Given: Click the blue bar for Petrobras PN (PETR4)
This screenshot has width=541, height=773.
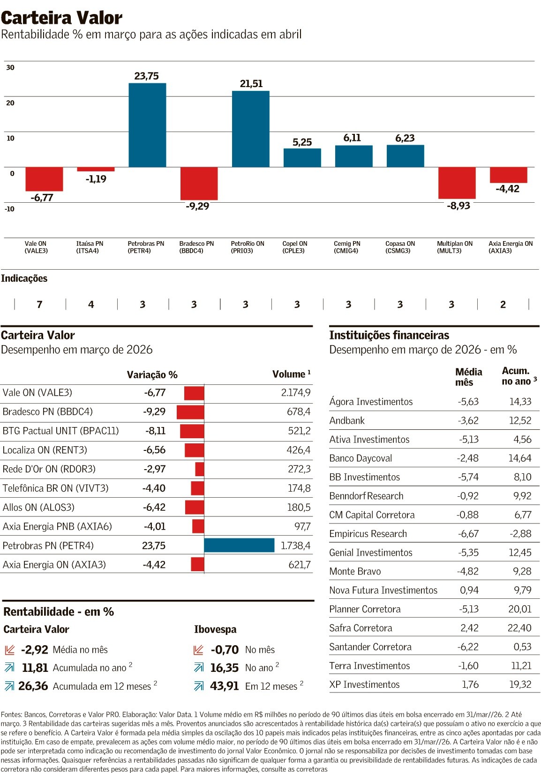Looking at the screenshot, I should [147, 125].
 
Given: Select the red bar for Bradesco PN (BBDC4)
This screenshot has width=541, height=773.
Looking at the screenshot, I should [199, 183].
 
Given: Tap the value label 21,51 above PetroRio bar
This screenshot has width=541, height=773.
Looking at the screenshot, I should [251, 84].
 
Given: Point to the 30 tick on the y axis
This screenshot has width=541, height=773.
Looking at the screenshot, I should [10, 67].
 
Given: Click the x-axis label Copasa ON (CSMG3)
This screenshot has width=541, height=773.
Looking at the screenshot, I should [400, 247].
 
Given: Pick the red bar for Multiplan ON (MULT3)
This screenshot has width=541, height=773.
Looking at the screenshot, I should [457, 183].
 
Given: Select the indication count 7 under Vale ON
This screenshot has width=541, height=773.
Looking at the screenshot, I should [39, 304].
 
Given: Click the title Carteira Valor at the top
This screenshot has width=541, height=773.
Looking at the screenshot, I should [61, 18].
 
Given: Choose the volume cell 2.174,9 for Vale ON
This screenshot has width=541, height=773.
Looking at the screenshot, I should [295, 392].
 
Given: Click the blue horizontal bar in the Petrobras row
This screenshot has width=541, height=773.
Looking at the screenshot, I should [239, 545].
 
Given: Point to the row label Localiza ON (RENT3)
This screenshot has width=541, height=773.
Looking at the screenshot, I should [45, 450].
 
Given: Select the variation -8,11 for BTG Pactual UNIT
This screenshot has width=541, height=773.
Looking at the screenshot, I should [155, 431].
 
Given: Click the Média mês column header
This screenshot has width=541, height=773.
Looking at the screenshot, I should [468, 377].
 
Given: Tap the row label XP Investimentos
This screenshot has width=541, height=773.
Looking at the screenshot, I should [364, 685].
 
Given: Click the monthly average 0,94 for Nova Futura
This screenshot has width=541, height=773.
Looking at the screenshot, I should [469, 590].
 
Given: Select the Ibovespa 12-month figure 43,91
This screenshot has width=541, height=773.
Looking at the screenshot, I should [224, 686].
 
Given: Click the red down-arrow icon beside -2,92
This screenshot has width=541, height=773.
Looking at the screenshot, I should [10, 650].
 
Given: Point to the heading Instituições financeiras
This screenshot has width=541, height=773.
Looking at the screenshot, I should [389, 335].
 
